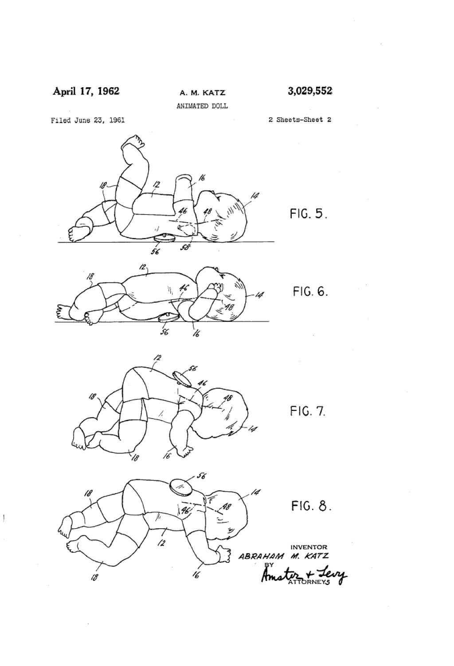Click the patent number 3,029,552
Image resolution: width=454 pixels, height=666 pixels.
point(309,91)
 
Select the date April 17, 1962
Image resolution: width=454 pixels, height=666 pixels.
point(86,91)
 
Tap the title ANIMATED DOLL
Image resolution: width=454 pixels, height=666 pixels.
point(202,106)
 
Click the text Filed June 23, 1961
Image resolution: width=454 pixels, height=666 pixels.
point(88,120)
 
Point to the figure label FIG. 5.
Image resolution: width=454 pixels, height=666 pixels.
point(309,213)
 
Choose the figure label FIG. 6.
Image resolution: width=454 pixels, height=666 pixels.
point(310,291)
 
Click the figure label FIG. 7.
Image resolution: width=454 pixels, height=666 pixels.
point(308,411)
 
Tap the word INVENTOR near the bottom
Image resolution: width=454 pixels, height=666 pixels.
point(309,547)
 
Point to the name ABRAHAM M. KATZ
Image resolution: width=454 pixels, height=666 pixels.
point(283,556)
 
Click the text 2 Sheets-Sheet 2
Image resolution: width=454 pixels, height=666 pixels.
point(300,120)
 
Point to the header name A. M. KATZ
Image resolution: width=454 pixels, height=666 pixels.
point(203,93)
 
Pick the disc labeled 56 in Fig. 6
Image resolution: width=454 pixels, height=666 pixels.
point(168,317)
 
